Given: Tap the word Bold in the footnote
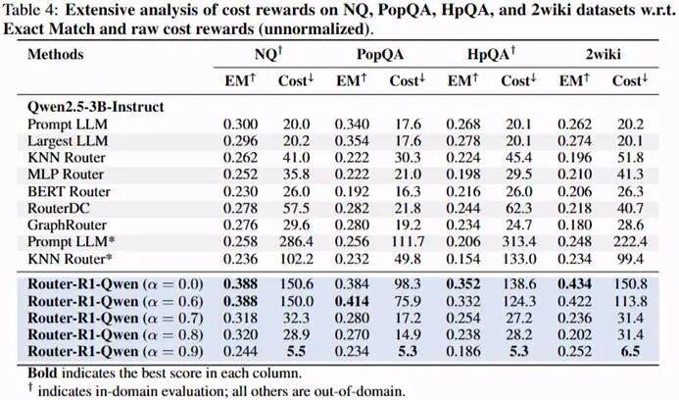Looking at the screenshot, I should pos(43,373).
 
